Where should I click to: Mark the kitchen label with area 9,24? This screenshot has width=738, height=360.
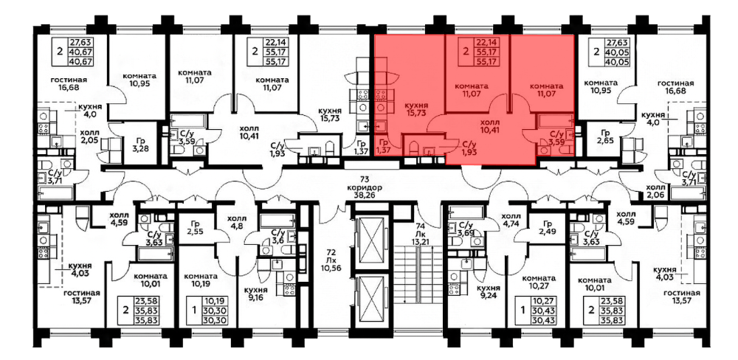[x=487, y=293]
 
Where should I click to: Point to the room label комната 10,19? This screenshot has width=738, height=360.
[x=201, y=280]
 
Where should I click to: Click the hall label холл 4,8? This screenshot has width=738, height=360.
[x=236, y=222]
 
